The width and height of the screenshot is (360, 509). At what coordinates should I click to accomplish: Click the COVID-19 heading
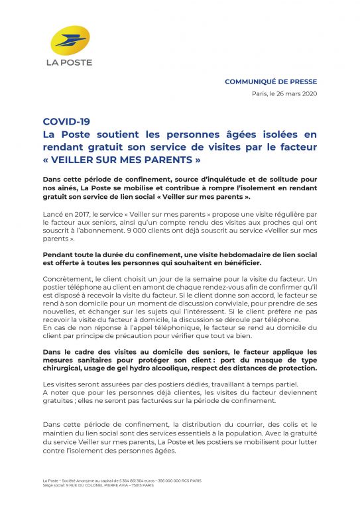click(66, 122)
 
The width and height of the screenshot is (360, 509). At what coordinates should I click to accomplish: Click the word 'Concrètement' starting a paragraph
click(66, 280)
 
